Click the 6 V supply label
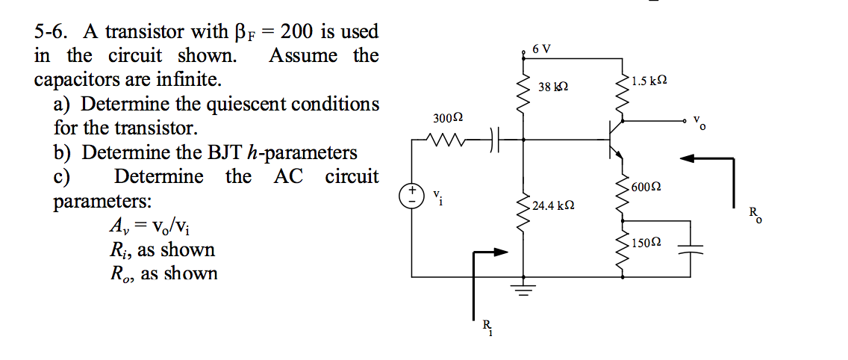(x=543, y=49)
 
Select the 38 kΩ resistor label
(x=553, y=87)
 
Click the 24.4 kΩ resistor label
(x=553, y=204)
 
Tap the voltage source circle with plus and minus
(x=412, y=197)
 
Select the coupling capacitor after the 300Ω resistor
(x=495, y=138)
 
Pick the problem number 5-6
(x=52, y=31)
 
